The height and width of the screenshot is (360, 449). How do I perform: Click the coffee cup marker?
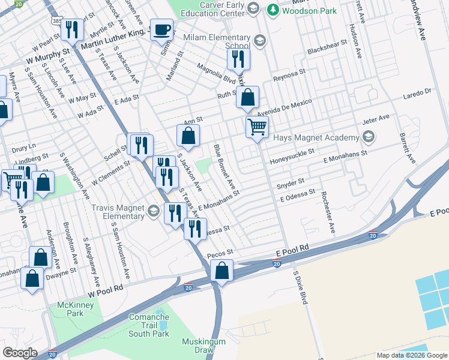(x=161, y=29)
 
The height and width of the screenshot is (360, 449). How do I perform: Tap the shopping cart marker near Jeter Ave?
(x=257, y=127)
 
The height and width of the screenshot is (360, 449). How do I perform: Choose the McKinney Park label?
(x=70, y=309)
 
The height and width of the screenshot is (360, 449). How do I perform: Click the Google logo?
(x=20, y=353)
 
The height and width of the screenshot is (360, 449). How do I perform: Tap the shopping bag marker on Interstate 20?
(x=222, y=271)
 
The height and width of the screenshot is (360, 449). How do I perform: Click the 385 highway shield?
(x=56, y=21)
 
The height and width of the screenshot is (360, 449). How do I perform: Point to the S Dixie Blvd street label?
(x=300, y=287)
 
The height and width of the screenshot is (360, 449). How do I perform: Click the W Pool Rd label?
(x=105, y=289)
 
